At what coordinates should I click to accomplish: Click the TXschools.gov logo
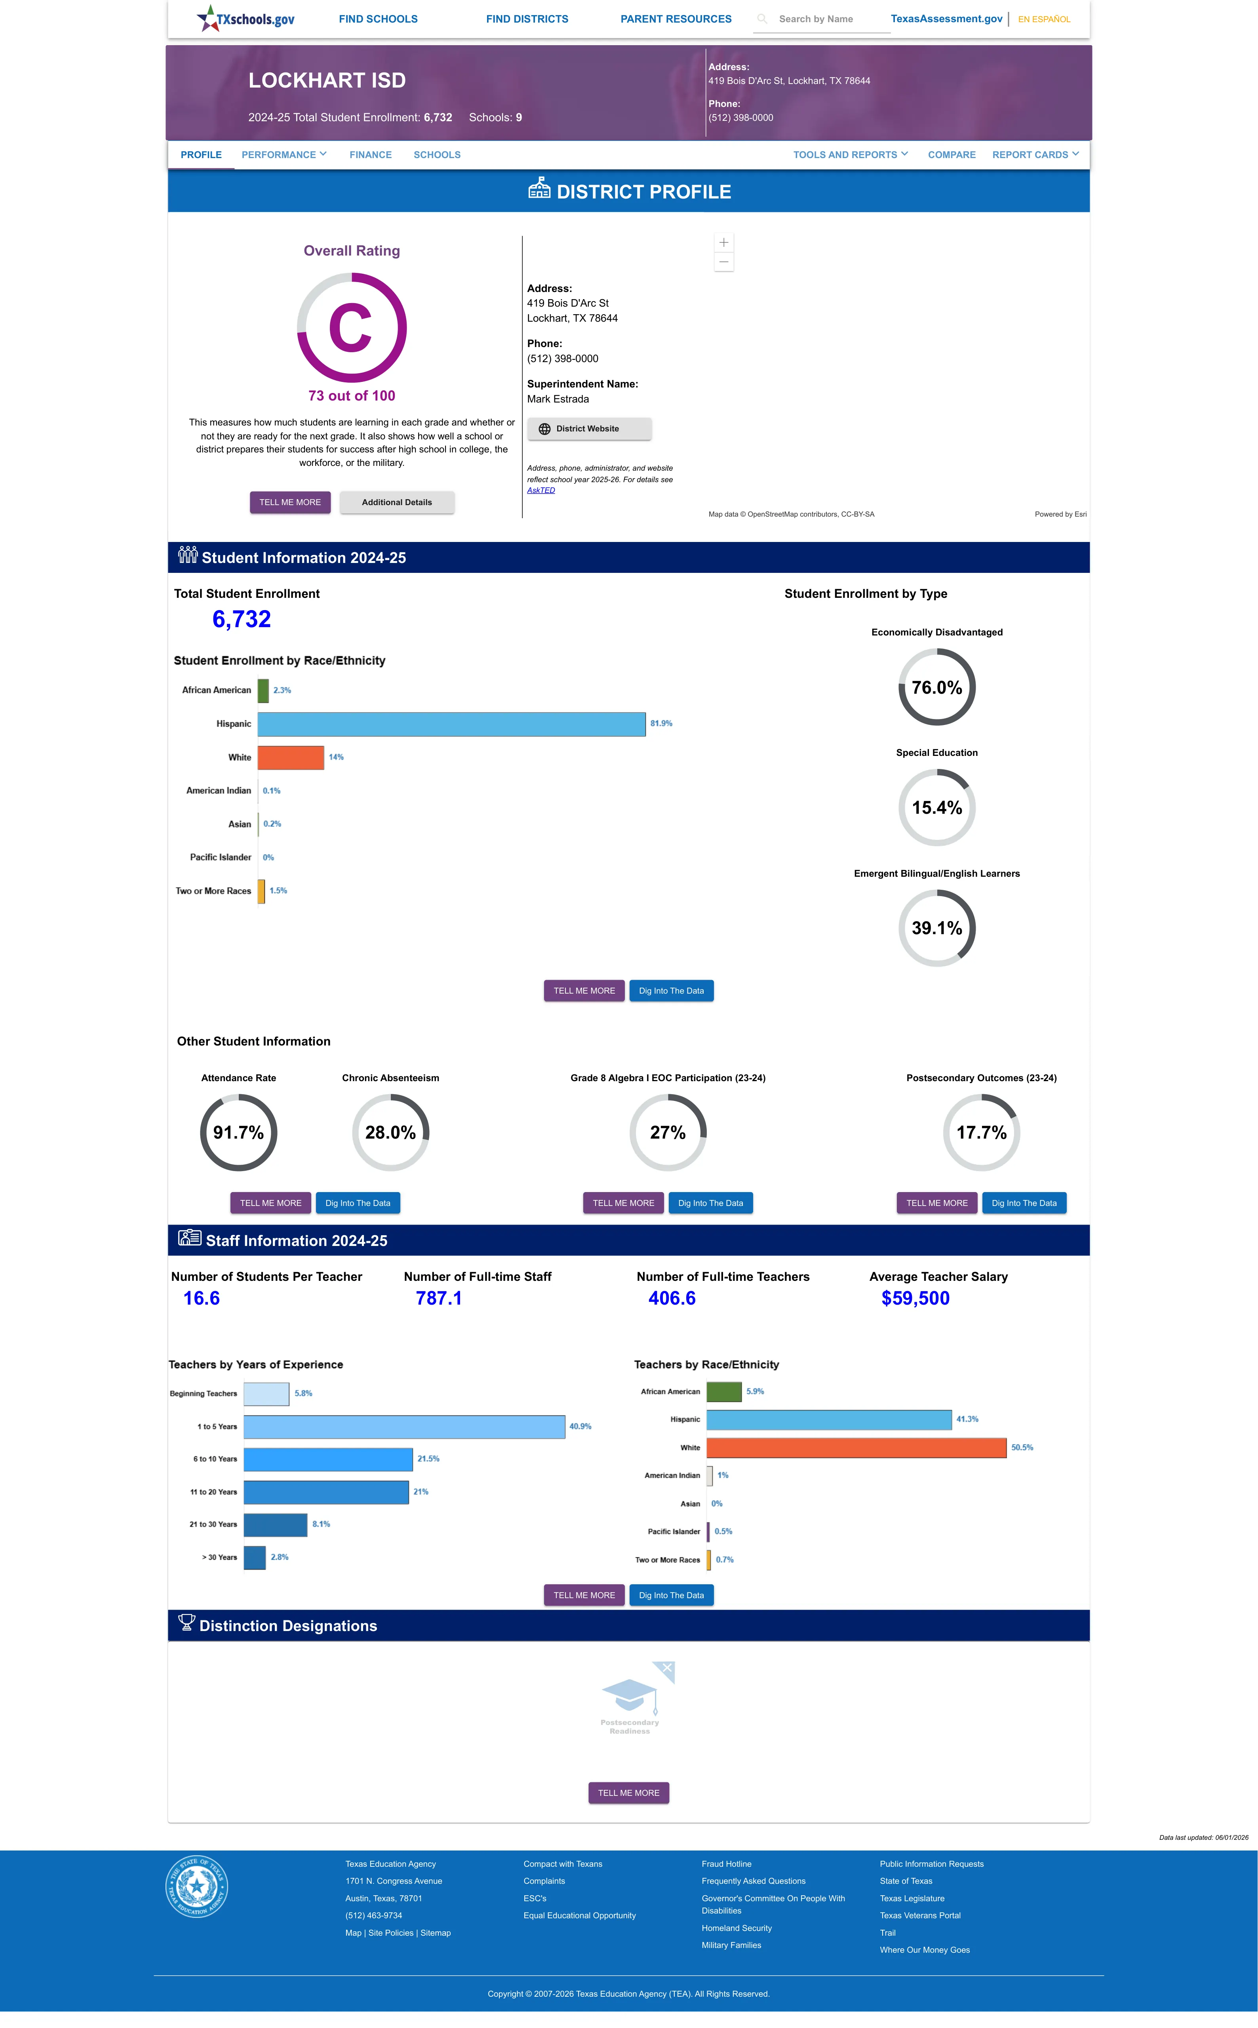point(246,18)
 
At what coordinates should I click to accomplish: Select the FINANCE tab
point(370,155)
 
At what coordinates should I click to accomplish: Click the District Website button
point(589,429)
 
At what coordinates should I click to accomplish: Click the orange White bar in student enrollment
point(290,757)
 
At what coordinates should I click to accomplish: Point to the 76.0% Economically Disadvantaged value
point(937,687)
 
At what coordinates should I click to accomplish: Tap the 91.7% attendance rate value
point(239,1133)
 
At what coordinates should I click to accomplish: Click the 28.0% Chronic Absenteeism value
point(390,1133)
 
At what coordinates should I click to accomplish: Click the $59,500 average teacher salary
point(915,1298)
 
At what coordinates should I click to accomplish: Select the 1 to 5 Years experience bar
point(404,1426)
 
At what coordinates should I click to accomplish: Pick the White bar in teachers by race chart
point(856,1448)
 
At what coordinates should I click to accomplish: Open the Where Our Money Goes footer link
point(924,1950)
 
